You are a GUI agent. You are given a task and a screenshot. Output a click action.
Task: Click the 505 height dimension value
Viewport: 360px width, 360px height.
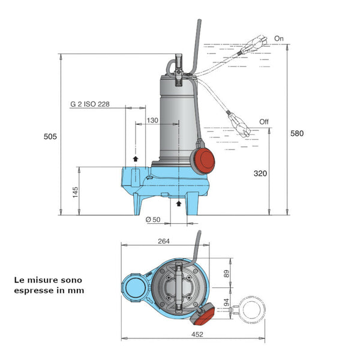coord(50,137)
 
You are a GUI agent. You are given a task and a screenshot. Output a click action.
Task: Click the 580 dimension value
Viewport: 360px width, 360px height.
coord(296,133)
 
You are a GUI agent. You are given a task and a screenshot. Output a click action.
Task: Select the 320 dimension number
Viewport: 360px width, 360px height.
coord(260,173)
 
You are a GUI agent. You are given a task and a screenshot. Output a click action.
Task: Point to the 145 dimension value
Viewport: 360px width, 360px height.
coord(75,192)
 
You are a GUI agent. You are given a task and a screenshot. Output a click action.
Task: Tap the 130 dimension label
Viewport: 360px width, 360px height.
coord(152,121)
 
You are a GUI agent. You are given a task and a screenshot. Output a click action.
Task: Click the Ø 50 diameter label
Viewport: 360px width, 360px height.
coord(153,220)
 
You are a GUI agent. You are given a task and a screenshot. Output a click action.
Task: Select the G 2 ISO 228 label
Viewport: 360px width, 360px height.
coord(90,104)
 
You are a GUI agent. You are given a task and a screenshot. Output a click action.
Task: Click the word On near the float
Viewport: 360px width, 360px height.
coord(278,38)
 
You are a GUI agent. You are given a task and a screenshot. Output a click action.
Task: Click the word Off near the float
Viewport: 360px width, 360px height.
coord(264,122)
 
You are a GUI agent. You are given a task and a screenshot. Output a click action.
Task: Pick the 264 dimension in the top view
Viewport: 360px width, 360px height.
coord(164,241)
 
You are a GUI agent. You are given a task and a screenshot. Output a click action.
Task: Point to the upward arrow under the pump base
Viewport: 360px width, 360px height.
coord(178,204)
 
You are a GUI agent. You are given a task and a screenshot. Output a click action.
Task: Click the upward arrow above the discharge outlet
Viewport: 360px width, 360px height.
coord(136,158)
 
